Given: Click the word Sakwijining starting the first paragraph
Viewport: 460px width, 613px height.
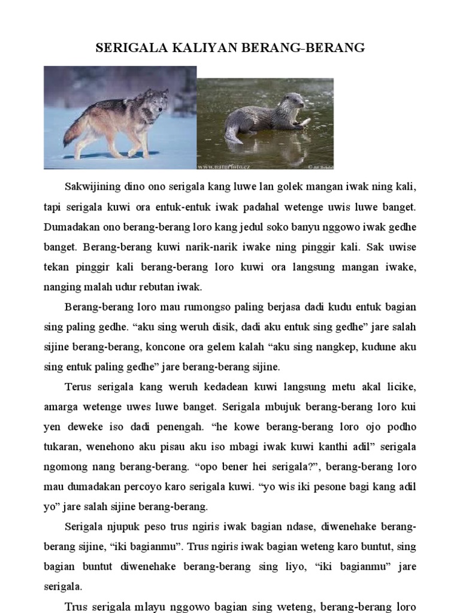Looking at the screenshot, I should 95,187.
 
